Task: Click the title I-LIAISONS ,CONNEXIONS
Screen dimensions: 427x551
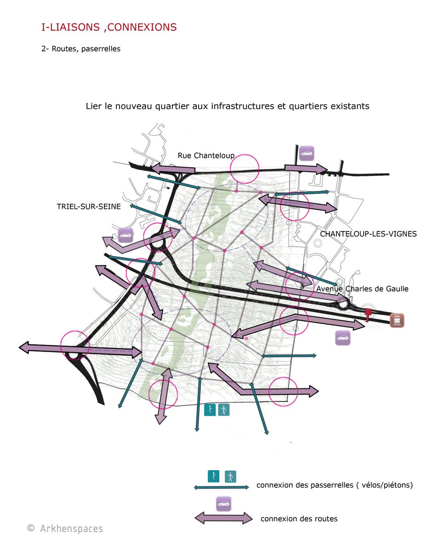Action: coord(109,27)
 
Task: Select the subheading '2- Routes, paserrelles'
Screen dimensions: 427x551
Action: coord(81,49)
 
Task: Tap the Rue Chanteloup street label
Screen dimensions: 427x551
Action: coord(206,156)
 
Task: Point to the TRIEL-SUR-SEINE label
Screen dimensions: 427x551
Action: coord(89,207)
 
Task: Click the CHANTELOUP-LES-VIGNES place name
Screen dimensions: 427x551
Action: coord(368,234)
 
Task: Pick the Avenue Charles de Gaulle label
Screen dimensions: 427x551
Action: coord(362,288)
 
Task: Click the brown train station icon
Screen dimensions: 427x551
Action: coord(397,320)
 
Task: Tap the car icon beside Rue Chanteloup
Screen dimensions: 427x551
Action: coord(307,153)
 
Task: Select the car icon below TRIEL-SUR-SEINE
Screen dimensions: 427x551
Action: coord(125,235)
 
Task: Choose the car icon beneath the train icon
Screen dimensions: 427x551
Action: coord(342,338)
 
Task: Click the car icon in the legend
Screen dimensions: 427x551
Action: coord(223,504)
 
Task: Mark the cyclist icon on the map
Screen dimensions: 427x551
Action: coord(210,410)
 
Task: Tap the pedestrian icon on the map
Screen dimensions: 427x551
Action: coord(223,410)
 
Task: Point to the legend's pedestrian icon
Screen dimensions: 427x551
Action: coord(230,477)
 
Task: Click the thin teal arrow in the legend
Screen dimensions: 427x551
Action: coord(222,487)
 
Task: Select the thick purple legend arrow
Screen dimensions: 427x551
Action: coord(223,518)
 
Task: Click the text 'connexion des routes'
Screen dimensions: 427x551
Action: coord(299,519)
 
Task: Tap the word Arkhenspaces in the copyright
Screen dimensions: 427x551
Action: coord(72,529)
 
